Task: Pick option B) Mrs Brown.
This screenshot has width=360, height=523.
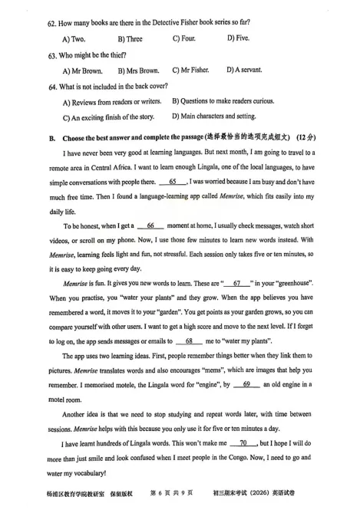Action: tap(140, 71)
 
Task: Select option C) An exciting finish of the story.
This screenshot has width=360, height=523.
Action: tap(108, 117)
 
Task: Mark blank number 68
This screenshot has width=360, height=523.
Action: tap(188, 340)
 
